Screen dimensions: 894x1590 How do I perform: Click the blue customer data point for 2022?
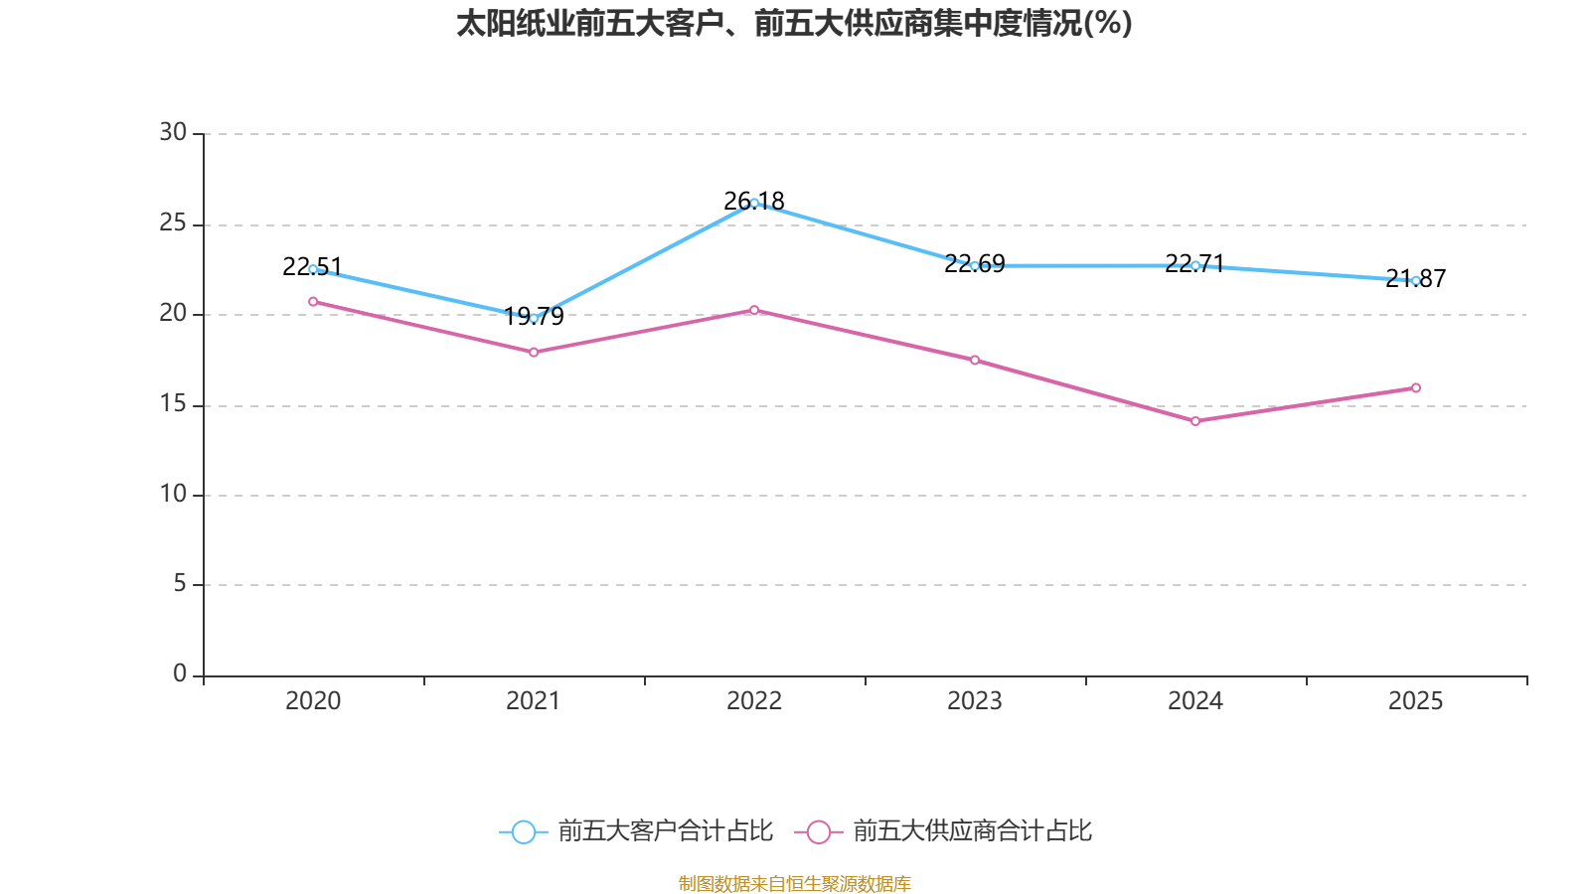754,203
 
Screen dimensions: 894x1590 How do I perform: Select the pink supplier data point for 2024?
1195,421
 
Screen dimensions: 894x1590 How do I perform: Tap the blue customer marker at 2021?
534,318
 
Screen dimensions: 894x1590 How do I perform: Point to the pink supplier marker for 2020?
313,301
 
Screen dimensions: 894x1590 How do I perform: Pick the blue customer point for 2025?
1416,280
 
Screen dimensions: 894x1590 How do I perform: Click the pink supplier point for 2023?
975,360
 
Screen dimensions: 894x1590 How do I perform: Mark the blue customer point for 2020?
313,269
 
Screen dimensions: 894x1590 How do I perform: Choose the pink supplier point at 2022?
754,310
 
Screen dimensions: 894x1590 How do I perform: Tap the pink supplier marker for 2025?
1416,387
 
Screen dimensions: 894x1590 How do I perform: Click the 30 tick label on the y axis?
173,132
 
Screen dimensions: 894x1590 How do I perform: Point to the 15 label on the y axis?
173,403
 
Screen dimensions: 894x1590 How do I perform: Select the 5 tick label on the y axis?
180,583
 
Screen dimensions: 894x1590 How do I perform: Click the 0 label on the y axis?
180,673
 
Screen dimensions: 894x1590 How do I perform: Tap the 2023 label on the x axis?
975,701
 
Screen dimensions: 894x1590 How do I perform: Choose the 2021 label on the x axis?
534,701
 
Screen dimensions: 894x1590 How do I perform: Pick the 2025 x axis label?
1416,701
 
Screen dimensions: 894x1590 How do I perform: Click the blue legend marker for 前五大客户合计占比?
524,831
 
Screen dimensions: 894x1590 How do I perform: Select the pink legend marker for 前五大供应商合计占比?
819,831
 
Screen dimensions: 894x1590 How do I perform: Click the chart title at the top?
794,23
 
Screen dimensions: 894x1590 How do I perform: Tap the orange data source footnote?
794,883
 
